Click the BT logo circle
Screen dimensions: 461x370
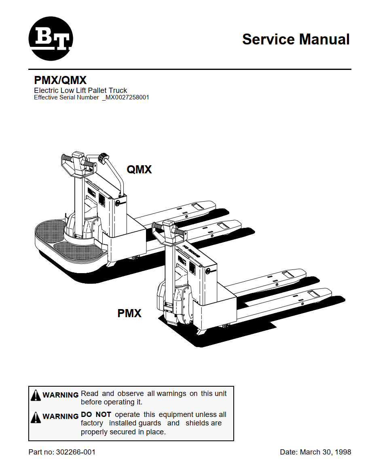tap(51, 38)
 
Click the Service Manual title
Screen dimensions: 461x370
tap(296, 40)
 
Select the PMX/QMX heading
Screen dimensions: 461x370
tap(60, 81)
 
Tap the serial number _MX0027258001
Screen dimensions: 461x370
tap(126, 97)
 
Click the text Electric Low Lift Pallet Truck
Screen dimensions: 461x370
tap(80, 91)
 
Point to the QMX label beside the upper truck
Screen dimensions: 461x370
tap(140, 170)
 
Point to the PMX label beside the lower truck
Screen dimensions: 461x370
tap(129, 313)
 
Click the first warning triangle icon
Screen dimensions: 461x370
tap(36, 395)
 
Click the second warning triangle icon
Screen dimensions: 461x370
tap(36, 417)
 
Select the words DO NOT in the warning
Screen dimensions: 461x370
tap(96, 415)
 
